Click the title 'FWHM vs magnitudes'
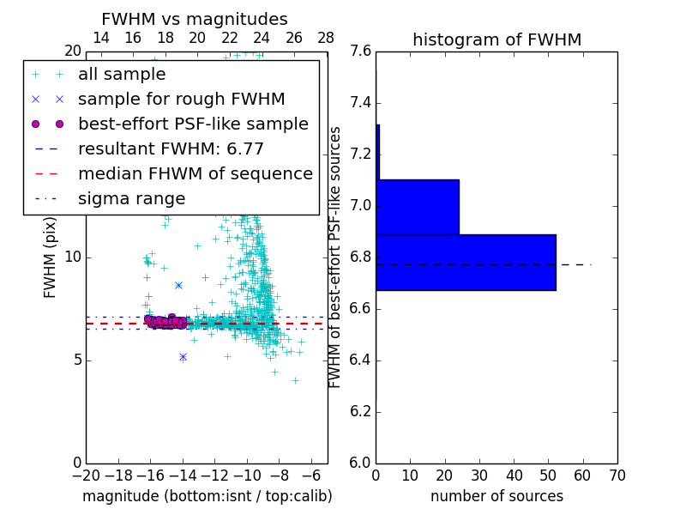[x=195, y=19]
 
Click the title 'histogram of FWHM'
[x=496, y=39]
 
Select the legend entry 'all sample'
[x=122, y=75]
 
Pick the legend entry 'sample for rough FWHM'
[x=181, y=99]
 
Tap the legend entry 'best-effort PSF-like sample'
[x=193, y=124]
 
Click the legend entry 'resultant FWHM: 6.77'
[x=171, y=148]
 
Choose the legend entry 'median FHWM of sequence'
[x=195, y=173]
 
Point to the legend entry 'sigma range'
[x=131, y=198]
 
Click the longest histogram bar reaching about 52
[x=466, y=262]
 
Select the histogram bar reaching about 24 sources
[x=418, y=207]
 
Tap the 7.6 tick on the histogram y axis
[x=361, y=51]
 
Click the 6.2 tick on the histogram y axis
[x=361, y=411]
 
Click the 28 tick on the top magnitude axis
[x=326, y=38]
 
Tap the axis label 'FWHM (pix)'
[x=51, y=256]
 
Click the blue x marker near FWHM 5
[x=183, y=356]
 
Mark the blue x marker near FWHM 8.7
[x=178, y=285]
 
